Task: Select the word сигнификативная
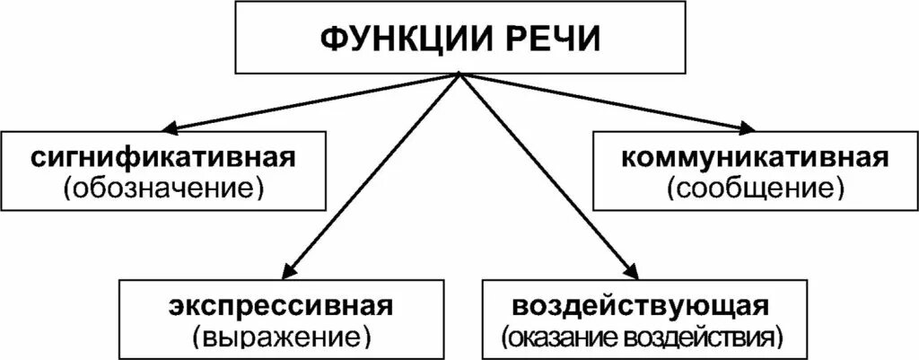162,158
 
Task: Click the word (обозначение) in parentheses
162,189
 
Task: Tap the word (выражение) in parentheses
281,337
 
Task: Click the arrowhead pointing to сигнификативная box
170,129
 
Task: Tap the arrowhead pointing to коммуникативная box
748,129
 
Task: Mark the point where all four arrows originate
459,75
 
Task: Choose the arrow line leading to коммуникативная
603,101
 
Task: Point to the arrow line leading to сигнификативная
314,101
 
